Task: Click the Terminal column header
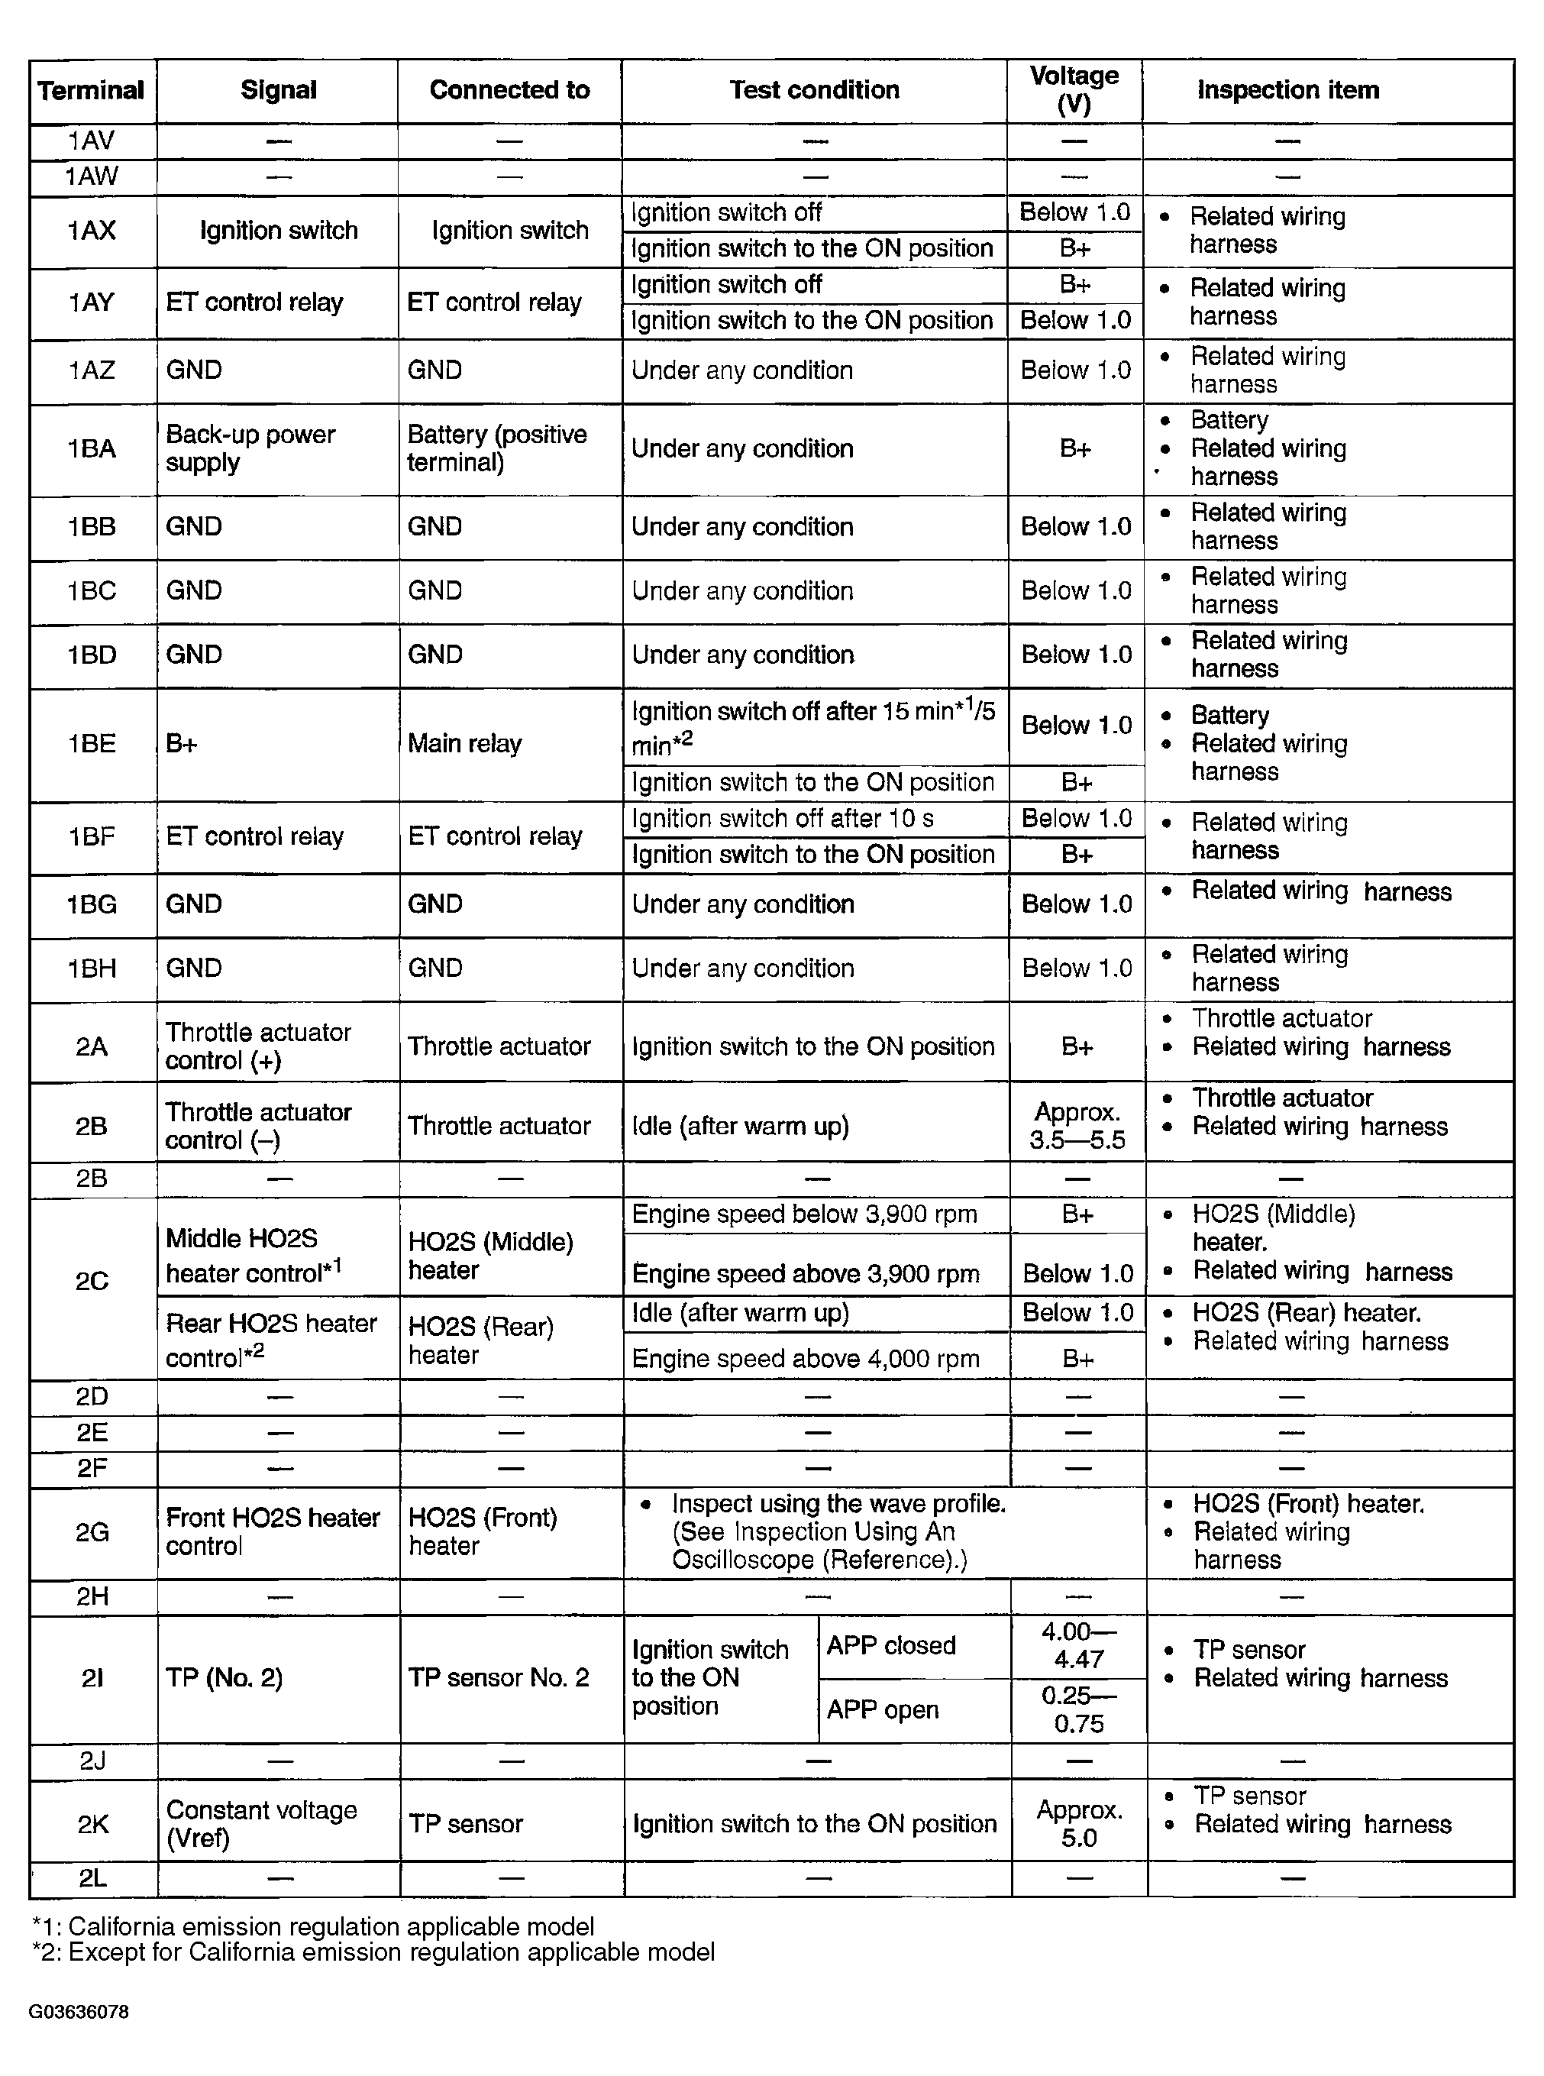[91, 91]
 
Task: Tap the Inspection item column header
[1288, 91]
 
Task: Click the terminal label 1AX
[92, 231]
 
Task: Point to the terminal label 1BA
[92, 448]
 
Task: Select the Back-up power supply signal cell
[250, 448]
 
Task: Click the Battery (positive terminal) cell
[497, 448]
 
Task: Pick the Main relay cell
[464, 744]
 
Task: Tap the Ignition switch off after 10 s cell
[782, 819]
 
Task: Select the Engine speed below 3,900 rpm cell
[805, 1214]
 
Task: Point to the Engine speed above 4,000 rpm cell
[806, 1358]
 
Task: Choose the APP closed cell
[890, 1645]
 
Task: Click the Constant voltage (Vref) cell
[262, 1824]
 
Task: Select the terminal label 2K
[92, 1824]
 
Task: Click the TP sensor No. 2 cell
[498, 1678]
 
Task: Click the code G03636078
[79, 2012]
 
